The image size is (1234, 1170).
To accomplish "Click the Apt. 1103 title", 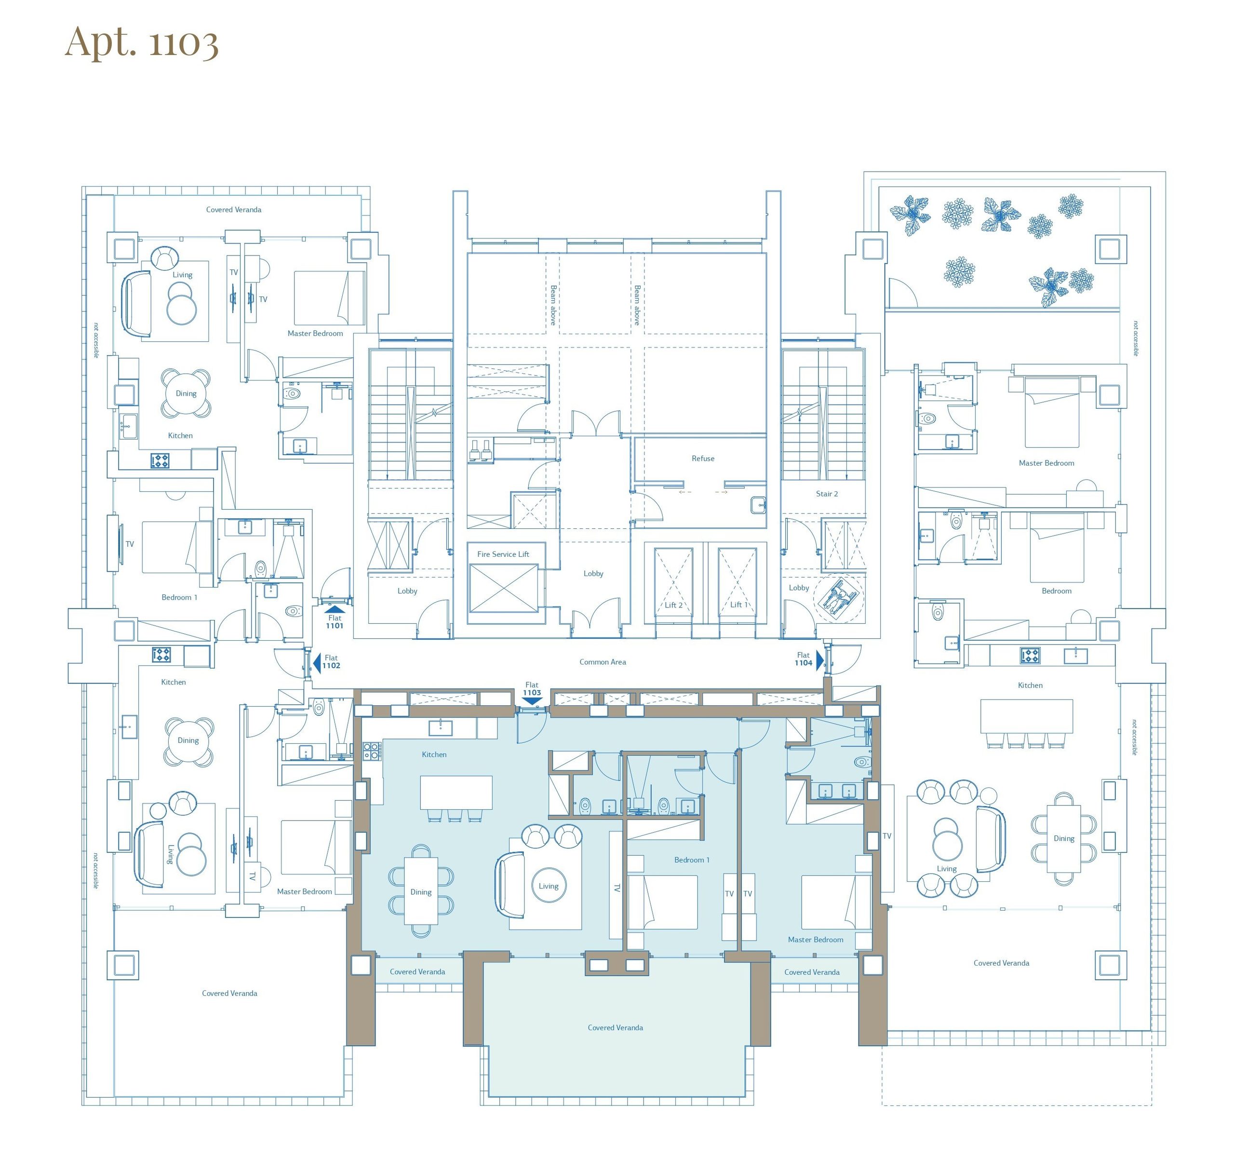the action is [x=142, y=42].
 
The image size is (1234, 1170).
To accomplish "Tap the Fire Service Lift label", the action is [x=503, y=554].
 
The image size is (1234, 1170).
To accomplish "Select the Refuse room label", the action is [x=703, y=458].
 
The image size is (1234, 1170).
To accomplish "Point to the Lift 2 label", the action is [x=673, y=605].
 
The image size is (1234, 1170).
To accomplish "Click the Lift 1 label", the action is [x=738, y=605].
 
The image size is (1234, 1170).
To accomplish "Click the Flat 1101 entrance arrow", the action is [x=334, y=609].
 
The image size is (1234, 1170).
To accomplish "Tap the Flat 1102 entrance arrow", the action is [x=316, y=662].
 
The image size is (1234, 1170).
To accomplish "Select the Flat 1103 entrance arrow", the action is [x=531, y=701].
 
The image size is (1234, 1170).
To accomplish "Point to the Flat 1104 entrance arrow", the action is [x=820, y=660].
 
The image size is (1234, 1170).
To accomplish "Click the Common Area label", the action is [x=603, y=662].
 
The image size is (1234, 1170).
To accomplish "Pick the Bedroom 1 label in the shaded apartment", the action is [x=692, y=860].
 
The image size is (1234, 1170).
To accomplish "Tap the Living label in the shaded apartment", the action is [x=549, y=886].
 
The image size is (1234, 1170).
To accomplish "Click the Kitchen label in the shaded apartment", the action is [x=434, y=754].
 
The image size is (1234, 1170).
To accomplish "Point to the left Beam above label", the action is [x=553, y=305].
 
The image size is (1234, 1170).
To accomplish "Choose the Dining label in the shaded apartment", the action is [x=421, y=892].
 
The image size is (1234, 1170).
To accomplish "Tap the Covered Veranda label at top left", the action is [x=234, y=210].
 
